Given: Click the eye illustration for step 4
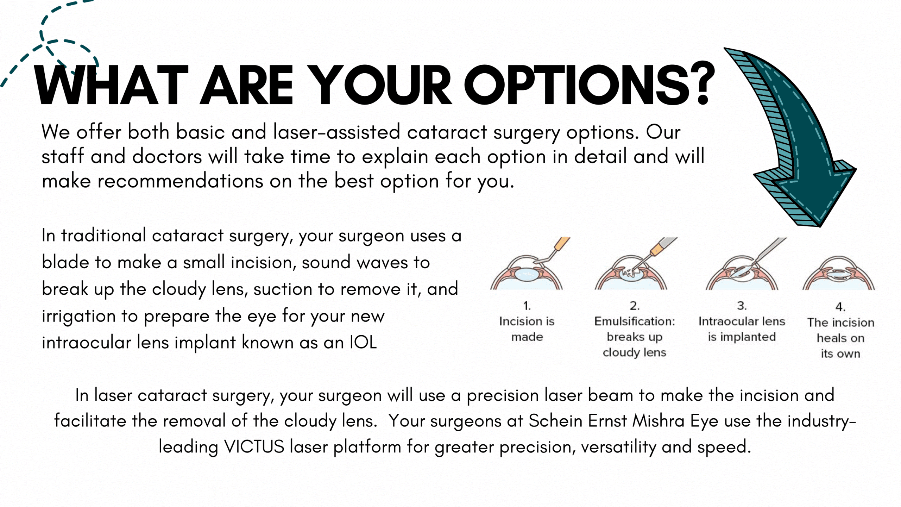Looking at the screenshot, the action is (839, 273).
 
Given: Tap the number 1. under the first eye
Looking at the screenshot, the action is (527, 306).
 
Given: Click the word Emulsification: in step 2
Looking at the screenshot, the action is (635, 321).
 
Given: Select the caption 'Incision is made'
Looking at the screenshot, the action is (527, 329).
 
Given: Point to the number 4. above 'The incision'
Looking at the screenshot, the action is (840, 307).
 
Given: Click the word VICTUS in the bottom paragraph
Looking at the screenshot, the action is (254, 446).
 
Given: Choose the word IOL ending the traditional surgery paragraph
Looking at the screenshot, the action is (363, 342).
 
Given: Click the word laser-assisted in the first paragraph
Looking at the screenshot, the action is (337, 132).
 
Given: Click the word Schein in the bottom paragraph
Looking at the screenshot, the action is (555, 421).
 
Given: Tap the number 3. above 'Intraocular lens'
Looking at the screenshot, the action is (742, 306).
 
